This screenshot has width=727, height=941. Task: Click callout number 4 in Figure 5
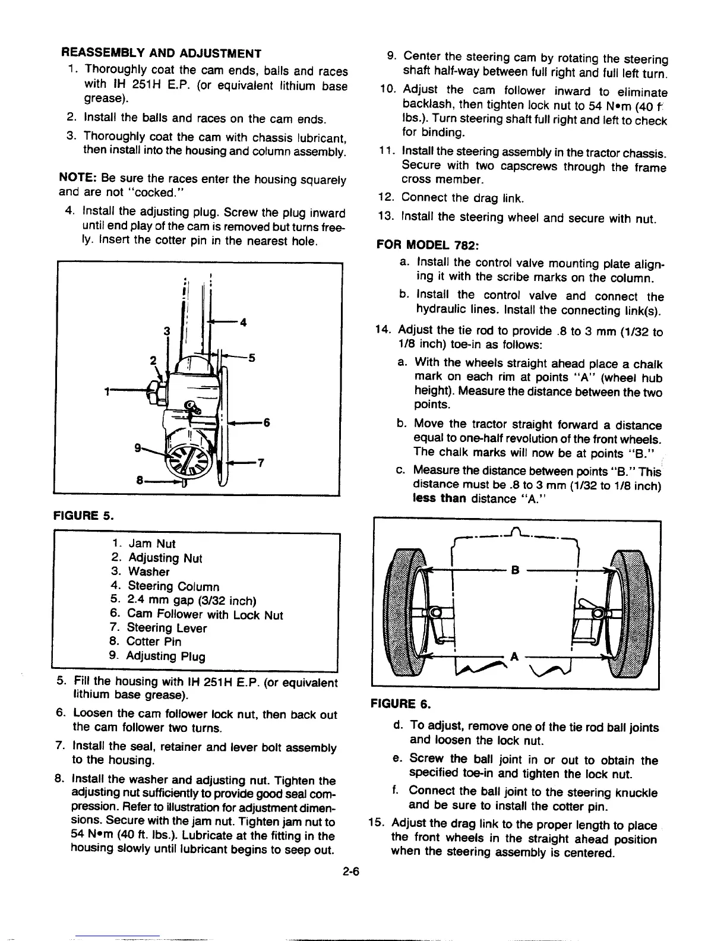pyautogui.click(x=242, y=323)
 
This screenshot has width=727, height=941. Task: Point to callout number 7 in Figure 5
pyautogui.click(x=260, y=464)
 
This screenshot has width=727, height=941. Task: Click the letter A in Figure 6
pyautogui.click(x=515, y=657)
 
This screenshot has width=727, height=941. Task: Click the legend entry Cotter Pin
pyautogui.click(x=154, y=642)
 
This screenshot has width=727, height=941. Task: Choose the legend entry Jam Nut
pyautogui.click(x=152, y=544)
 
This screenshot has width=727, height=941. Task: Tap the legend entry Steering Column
pyautogui.click(x=173, y=587)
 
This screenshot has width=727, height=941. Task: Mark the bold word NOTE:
pyautogui.click(x=74, y=178)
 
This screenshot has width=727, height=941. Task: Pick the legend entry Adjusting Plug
pyautogui.click(x=166, y=656)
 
